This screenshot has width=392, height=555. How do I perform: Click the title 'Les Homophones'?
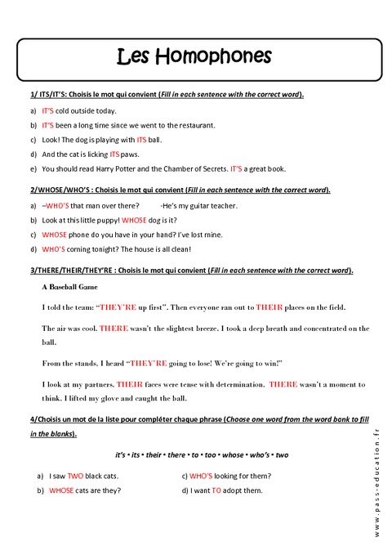click(x=194, y=56)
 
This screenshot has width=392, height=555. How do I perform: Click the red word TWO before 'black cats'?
click(x=76, y=475)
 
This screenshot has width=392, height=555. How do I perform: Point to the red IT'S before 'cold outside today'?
click(x=48, y=110)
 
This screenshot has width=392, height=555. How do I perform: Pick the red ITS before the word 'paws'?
click(x=114, y=154)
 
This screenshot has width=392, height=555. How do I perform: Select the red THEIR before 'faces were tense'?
click(x=130, y=383)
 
